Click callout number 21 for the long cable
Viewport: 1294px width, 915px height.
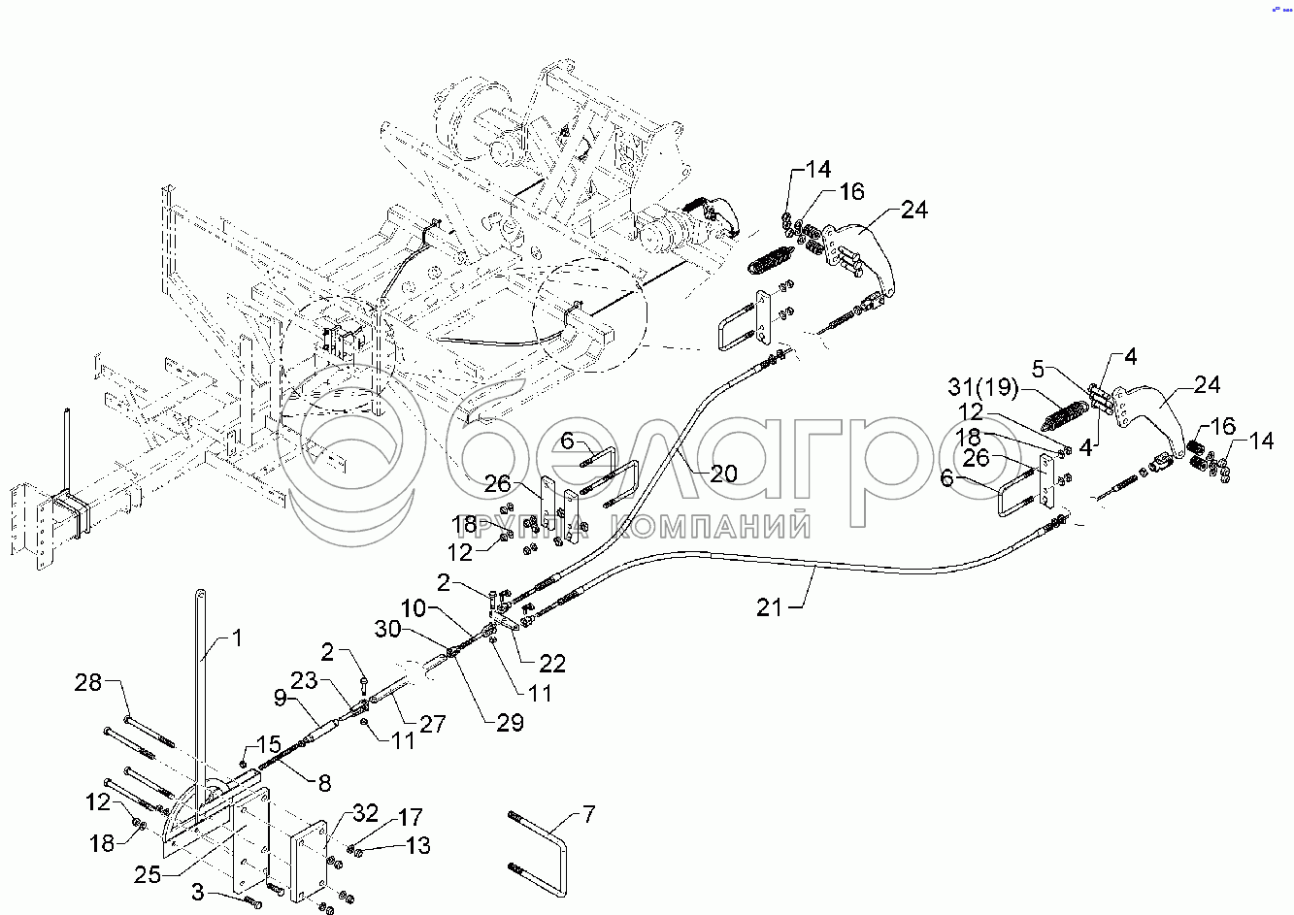(x=769, y=607)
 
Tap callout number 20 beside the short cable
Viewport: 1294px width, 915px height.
(x=723, y=474)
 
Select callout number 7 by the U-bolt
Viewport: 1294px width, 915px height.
(x=588, y=814)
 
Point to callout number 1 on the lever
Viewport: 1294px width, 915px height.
(x=237, y=637)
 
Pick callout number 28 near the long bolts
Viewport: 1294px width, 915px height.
(x=87, y=682)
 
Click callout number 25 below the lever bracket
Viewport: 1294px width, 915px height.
(x=148, y=874)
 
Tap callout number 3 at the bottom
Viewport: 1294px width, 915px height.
(x=198, y=893)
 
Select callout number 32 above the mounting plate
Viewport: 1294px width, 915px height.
(x=365, y=813)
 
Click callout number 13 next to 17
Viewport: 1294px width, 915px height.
(x=418, y=845)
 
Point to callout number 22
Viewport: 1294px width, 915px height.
(x=551, y=664)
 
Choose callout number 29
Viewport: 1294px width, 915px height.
(x=510, y=722)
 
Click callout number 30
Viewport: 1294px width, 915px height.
(x=387, y=629)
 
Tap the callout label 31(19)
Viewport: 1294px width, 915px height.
(x=982, y=386)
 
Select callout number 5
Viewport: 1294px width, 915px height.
(x=1039, y=369)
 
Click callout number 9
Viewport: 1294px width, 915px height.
(x=281, y=698)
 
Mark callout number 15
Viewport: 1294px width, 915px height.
(x=269, y=743)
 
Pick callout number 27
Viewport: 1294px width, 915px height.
(x=433, y=723)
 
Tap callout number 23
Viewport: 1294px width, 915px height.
(x=304, y=680)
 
